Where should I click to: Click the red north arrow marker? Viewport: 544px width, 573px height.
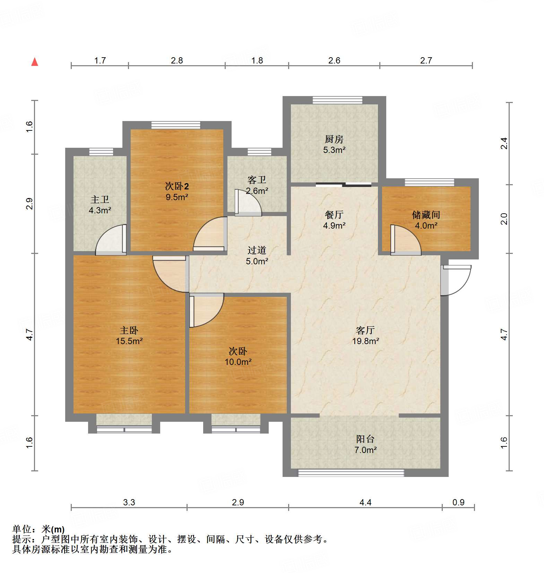(x=35, y=62)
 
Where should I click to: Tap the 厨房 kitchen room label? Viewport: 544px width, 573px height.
(x=334, y=139)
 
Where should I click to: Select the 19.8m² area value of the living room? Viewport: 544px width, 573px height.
(x=365, y=341)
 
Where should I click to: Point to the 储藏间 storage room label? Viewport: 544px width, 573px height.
(x=426, y=215)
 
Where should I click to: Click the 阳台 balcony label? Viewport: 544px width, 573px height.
(x=365, y=439)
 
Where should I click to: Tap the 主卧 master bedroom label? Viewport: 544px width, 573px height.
(x=129, y=330)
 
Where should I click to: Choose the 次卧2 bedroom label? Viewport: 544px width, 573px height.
(x=176, y=187)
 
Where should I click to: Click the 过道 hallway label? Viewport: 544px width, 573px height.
(x=257, y=250)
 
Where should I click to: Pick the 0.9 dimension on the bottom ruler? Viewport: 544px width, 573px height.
(x=458, y=502)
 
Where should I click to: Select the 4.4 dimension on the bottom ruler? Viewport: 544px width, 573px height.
(x=365, y=502)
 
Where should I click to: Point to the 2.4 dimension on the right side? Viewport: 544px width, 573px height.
(x=504, y=143)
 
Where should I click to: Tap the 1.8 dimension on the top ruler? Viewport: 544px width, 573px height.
(x=257, y=61)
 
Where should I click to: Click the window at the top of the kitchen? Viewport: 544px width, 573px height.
(x=337, y=100)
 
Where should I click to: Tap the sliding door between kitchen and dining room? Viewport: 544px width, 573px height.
(x=343, y=185)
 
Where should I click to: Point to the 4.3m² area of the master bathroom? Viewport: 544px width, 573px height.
(x=100, y=210)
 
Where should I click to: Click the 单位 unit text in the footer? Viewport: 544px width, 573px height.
(x=22, y=529)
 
